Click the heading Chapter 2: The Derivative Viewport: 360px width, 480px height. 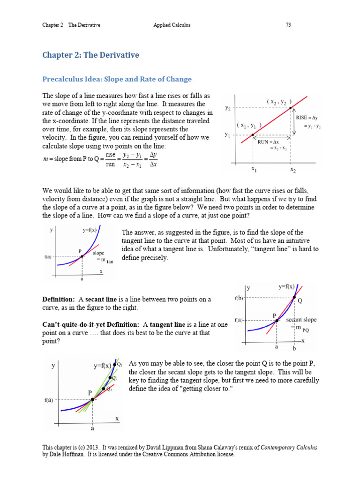tap(90, 55)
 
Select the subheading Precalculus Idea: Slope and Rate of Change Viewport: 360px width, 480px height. tap(117, 79)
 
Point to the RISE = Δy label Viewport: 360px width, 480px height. tap(307, 118)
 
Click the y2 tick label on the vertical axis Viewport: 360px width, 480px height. tap(227, 108)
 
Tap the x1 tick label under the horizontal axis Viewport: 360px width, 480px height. tap(254, 169)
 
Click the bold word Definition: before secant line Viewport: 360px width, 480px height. tap(59, 300)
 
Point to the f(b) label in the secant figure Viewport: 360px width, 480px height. tap(239, 298)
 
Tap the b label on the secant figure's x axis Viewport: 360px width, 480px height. tap(294, 349)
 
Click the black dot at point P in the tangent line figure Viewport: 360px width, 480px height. tap(82, 256)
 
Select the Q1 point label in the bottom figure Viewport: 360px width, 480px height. tap(120, 364)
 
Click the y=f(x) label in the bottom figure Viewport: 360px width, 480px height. tap(102, 366)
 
